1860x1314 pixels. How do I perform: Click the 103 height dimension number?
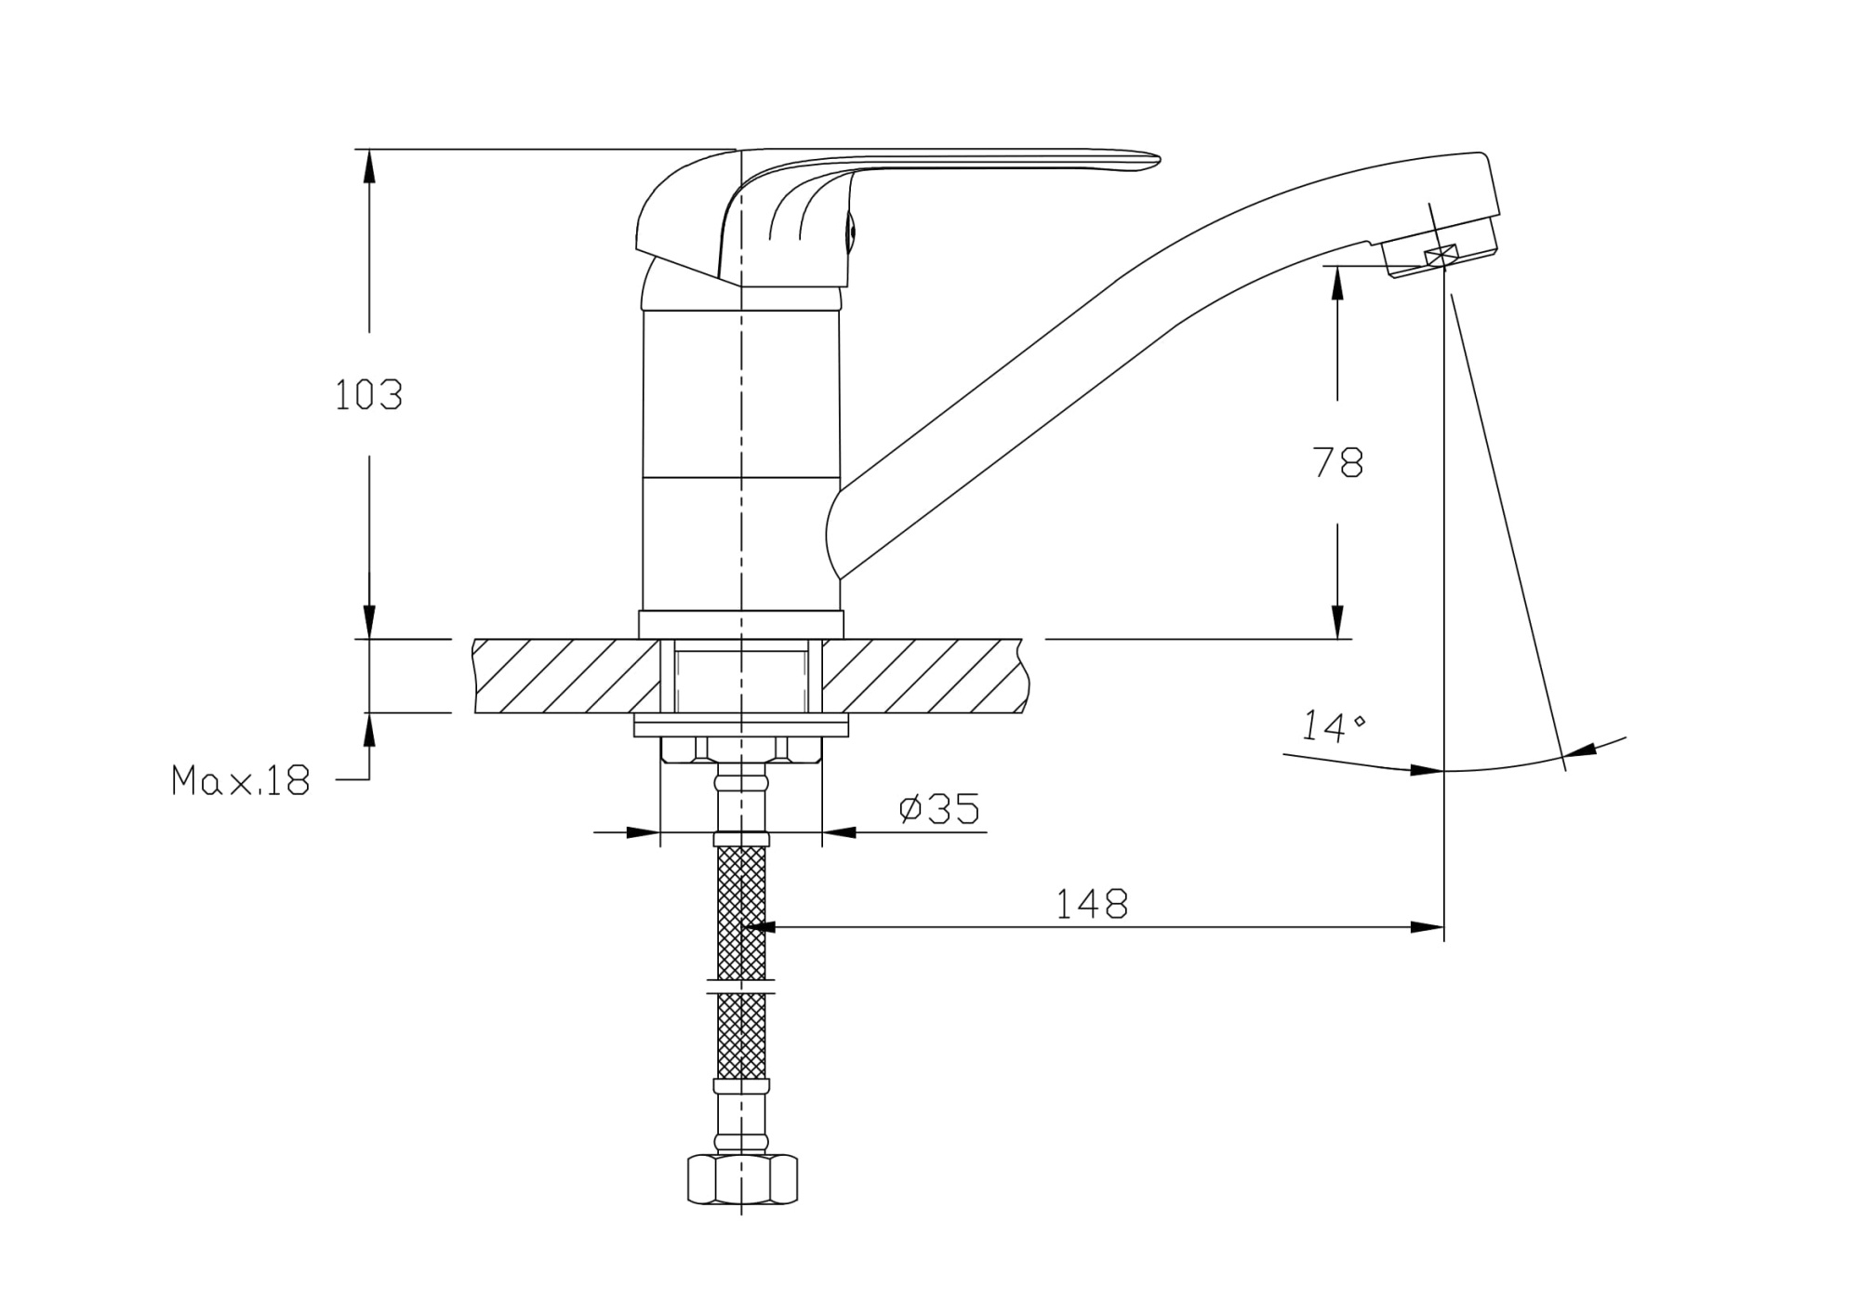pos(368,395)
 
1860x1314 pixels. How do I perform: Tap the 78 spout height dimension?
pos(1337,462)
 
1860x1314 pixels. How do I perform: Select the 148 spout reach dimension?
pos(1092,903)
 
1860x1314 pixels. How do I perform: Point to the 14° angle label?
pos(1332,725)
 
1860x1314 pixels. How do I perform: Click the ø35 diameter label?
pos(939,808)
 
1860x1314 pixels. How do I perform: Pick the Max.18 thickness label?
pos(240,780)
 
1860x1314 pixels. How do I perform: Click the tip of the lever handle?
pos(1159,159)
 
